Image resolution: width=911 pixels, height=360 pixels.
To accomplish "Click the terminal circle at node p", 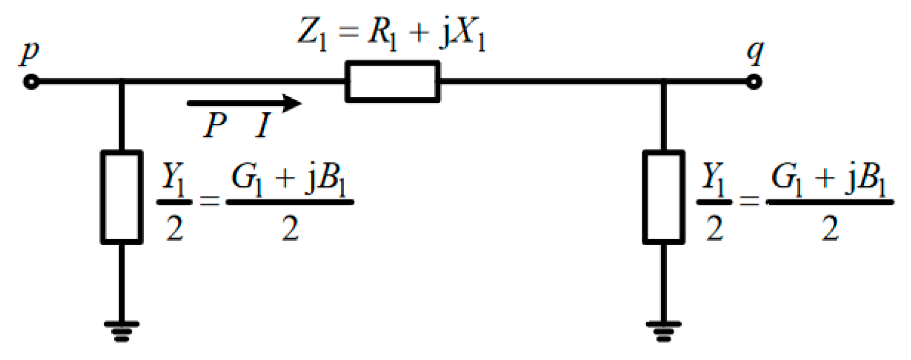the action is point(32,82).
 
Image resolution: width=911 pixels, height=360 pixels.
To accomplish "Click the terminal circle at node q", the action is point(754,82).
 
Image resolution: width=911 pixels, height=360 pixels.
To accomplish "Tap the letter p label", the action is point(30,52).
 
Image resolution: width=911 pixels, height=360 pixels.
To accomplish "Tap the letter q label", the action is point(755,52).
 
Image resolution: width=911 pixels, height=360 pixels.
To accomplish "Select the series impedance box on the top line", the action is point(393,82).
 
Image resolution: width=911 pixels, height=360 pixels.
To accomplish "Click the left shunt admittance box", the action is point(122,197).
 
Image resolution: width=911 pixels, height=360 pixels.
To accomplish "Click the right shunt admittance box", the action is point(663,197).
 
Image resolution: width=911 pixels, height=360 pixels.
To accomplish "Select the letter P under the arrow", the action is point(215,125).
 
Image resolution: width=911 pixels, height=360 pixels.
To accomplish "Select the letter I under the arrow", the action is point(263,125).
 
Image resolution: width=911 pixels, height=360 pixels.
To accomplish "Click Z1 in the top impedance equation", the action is point(312,34).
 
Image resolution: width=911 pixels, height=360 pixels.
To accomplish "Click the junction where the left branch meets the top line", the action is point(122,82).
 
